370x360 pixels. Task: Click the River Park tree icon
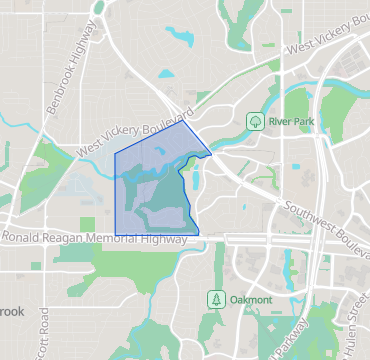pyautogui.click(x=255, y=121)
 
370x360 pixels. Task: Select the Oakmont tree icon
pyautogui.click(x=214, y=298)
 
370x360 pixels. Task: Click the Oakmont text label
pyautogui.click(x=249, y=298)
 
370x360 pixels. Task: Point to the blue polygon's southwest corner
pyautogui.click(x=117, y=229)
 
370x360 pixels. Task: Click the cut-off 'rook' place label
pyautogui.click(x=11, y=312)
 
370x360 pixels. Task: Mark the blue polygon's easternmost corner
pyautogui.click(x=211, y=154)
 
